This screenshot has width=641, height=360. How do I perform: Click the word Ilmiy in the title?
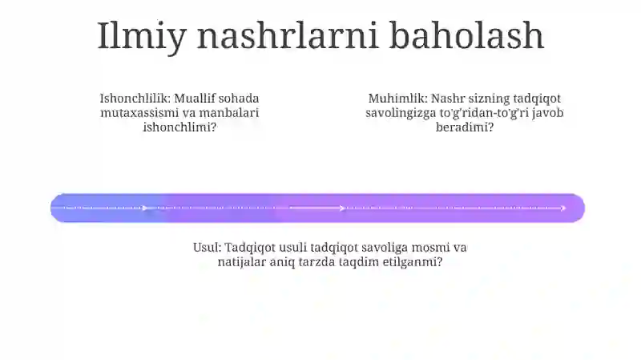pos(142,37)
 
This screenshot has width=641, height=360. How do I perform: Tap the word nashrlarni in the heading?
pos(288,35)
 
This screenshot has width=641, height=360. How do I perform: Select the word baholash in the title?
pos(466,35)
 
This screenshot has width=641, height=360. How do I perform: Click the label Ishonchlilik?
pos(135,98)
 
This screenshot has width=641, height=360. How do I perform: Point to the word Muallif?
pos(195,98)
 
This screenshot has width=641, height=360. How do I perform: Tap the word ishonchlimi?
pos(179,127)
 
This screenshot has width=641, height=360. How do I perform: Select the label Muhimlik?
pos(397,98)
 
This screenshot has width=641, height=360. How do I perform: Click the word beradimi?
pos(465,127)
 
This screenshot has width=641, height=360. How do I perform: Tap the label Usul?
pos(208,247)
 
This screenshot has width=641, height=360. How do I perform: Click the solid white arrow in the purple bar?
pos(317,208)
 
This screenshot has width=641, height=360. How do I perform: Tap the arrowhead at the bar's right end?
pos(563,208)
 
